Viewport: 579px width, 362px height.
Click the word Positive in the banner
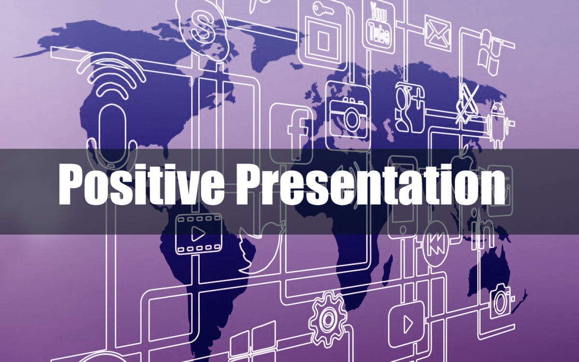pos(141,184)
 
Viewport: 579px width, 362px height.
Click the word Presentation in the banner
pos(370,184)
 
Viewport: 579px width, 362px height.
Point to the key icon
pos(323,10)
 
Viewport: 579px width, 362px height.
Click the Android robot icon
pos(497,125)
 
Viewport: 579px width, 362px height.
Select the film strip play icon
pos(198,234)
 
